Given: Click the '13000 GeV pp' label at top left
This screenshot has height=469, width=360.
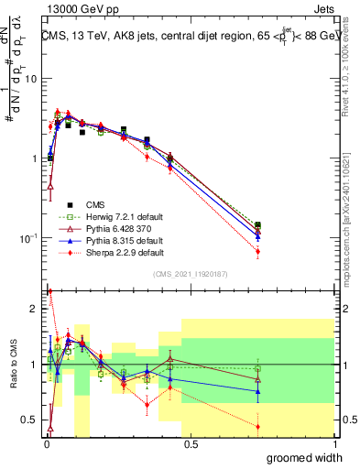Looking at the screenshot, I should click(83, 8).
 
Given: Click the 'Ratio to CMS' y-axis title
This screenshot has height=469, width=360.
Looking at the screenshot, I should click(14, 363).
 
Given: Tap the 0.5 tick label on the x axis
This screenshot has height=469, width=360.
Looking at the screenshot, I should click(190, 444).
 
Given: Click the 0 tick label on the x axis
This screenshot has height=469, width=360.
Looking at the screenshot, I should click(46, 444).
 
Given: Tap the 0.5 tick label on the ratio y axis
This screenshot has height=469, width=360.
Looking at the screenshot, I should click(31, 420).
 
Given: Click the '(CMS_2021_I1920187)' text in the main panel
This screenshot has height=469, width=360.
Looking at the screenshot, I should click(191, 274).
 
